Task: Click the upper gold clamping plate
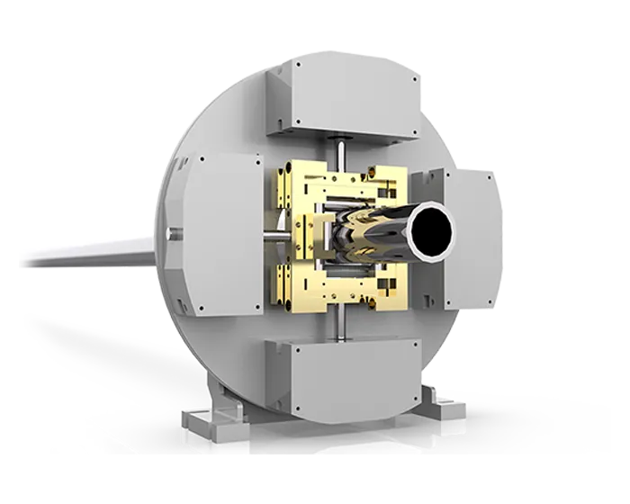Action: (333, 184)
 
